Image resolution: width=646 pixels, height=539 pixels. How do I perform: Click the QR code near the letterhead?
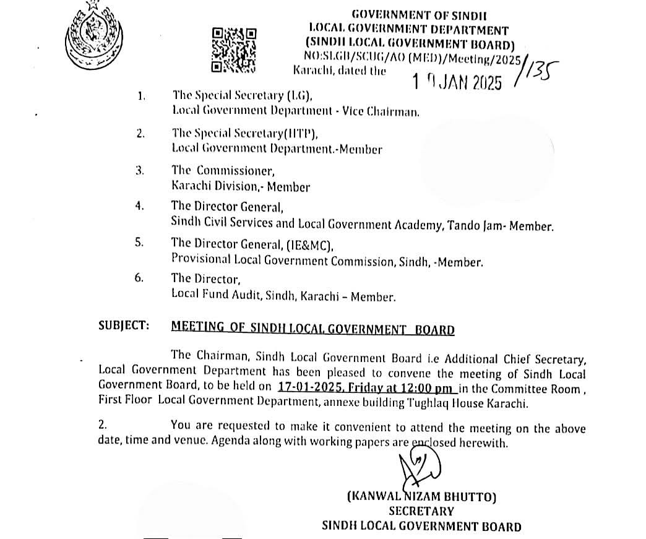233,51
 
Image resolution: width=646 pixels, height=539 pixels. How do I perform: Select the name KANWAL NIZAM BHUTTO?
422,496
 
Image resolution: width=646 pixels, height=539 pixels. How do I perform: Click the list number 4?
139,205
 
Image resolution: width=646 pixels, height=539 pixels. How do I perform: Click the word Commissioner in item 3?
233,170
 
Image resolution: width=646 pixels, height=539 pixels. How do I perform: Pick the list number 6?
139,278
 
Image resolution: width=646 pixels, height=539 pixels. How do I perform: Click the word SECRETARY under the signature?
421,512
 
